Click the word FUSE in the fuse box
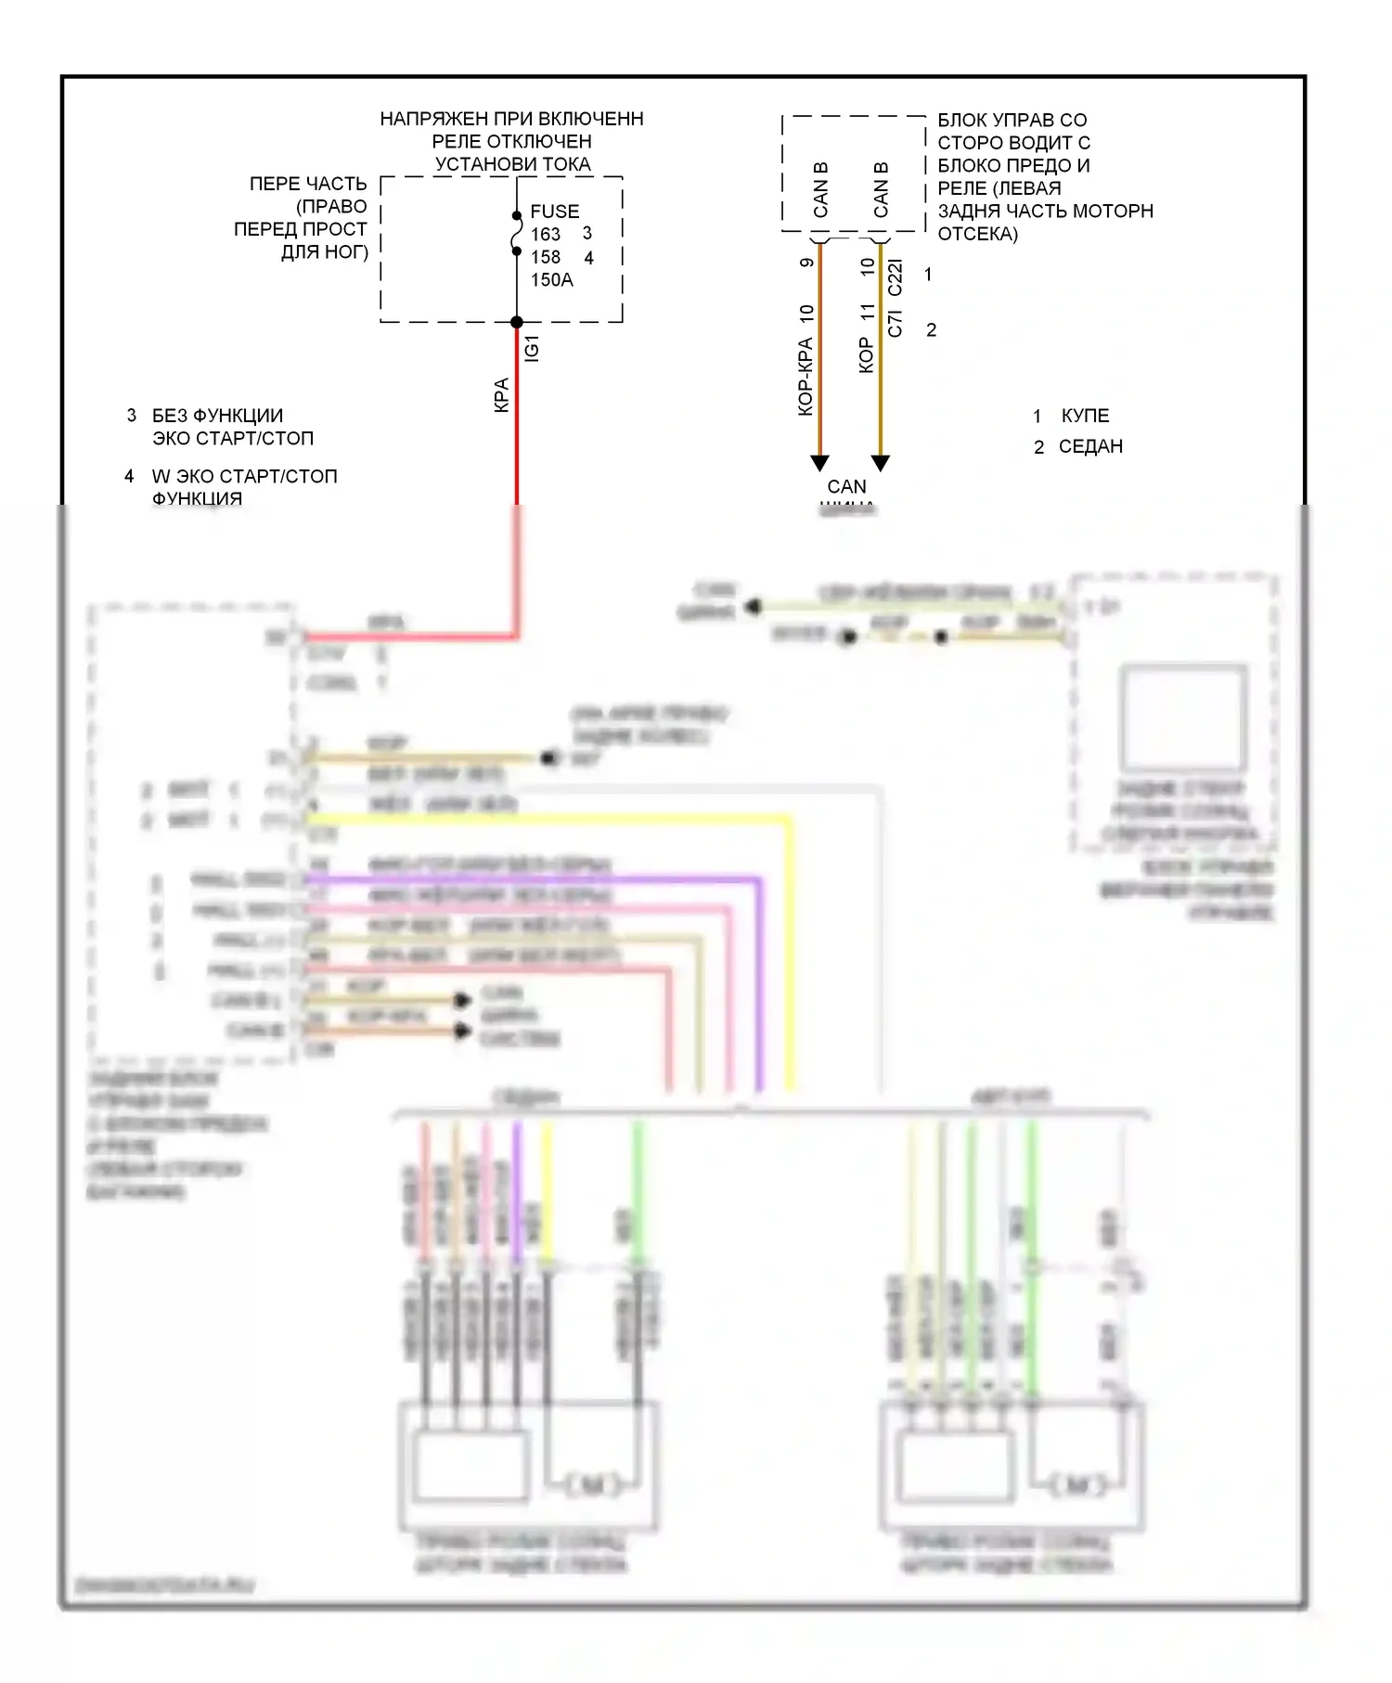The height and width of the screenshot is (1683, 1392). pos(554,212)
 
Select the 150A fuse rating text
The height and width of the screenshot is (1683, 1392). pos(551,280)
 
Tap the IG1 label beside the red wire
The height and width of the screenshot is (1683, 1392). pos(532,348)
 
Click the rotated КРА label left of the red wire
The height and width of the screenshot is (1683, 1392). pos(501,394)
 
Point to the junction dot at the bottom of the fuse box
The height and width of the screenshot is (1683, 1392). pos(517,322)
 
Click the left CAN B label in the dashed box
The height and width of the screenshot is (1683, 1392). pos(820,190)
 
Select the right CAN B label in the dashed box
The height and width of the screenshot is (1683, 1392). pos(881,190)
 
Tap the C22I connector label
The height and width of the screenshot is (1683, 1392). pos(896,277)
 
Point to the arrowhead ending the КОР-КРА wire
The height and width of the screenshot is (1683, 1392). pos(819,462)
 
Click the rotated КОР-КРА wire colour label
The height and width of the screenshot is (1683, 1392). pos(805,376)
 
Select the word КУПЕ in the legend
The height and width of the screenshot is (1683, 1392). pos(1085,416)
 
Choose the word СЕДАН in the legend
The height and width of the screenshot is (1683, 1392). pos(1090,446)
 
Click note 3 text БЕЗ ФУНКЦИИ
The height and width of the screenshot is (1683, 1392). pos(217,416)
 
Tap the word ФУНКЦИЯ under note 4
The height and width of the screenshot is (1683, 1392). pos(197,498)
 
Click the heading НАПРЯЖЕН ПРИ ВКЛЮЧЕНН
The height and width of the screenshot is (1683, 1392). pos(511,119)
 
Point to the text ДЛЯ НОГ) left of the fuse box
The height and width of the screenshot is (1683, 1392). pos(324,251)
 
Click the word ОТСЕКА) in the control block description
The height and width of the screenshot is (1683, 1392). pos(977,234)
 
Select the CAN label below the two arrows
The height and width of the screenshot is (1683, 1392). pos(846,486)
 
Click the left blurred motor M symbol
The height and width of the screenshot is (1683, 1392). pos(591,1485)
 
